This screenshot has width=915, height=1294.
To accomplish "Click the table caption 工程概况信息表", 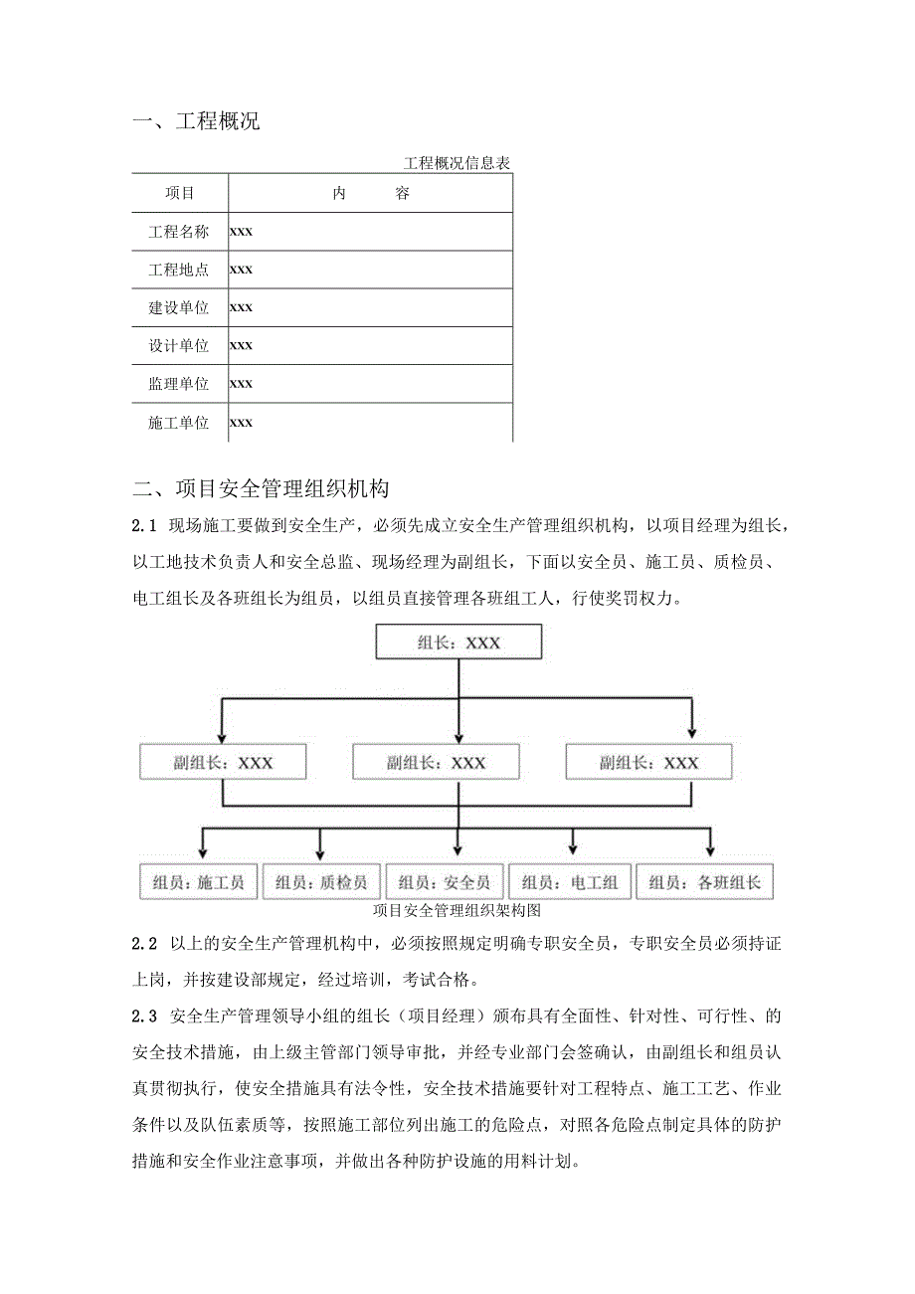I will pyautogui.click(x=457, y=163).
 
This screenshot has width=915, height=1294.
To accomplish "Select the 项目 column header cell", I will pyautogui.click(x=180, y=193).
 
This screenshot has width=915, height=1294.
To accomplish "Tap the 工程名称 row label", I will pyautogui.click(x=179, y=232).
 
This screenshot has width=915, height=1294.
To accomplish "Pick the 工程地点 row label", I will pyautogui.click(x=179, y=270).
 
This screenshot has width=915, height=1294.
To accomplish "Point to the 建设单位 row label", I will pyautogui.click(x=179, y=307).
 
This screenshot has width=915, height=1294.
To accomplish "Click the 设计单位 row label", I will pyautogui.click(x=179, y=346).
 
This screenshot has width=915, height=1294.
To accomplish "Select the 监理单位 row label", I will pyautogui.click(x=179, y=384).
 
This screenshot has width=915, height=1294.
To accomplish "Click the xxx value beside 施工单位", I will pyautogui.click(x=242, y=423).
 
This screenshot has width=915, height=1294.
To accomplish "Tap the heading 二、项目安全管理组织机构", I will pyautogui.click(x=262, y=488).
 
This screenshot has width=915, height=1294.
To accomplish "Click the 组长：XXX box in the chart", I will pyautogui.click(x=458, y=643).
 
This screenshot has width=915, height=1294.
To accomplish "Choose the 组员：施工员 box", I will pyautogui.click(x=199, y=881).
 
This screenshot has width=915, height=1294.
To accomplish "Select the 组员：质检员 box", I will pyautogui.click(x=321, y=881).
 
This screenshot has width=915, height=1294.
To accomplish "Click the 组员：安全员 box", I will pyautogui.click(x=444, y=881).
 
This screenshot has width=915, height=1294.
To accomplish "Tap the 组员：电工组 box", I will pyautogui.click(x=570, y=881).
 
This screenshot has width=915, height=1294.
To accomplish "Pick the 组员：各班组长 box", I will pyautogui.click(x=704, y=881).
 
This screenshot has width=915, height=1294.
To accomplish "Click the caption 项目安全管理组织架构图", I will pyautogui.click(x=457, y=909).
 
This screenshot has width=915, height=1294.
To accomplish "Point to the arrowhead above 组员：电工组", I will pyautogui.click(x=573, y=849).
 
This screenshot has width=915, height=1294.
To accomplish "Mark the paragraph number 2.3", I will pyautogui.click(x=145, y=1016).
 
